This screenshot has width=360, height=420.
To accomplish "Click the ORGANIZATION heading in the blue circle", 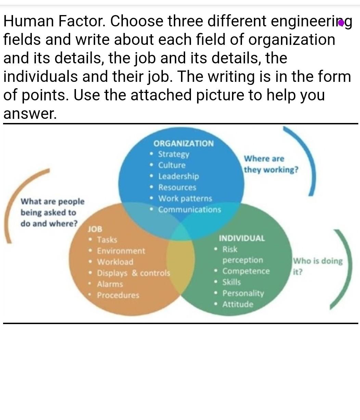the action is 183,144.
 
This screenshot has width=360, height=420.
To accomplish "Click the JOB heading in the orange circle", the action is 95,229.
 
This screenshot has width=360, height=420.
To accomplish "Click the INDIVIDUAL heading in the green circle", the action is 242,238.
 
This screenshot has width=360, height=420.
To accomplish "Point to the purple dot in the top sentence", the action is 341,23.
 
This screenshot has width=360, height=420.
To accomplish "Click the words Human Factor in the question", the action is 54,21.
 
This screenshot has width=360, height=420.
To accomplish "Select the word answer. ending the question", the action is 30,114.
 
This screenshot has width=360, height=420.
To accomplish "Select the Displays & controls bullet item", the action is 133,273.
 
